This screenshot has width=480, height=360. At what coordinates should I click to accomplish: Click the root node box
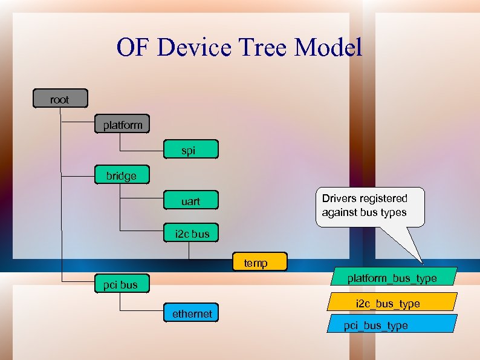click(60, 99)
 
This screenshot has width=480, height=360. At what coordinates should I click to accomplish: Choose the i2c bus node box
click(191, 233)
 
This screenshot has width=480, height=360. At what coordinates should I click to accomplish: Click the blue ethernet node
click(191, 313)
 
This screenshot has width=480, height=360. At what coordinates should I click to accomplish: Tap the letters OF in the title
click(133, 47)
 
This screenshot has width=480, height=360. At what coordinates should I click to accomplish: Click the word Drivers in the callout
click(339, 198)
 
